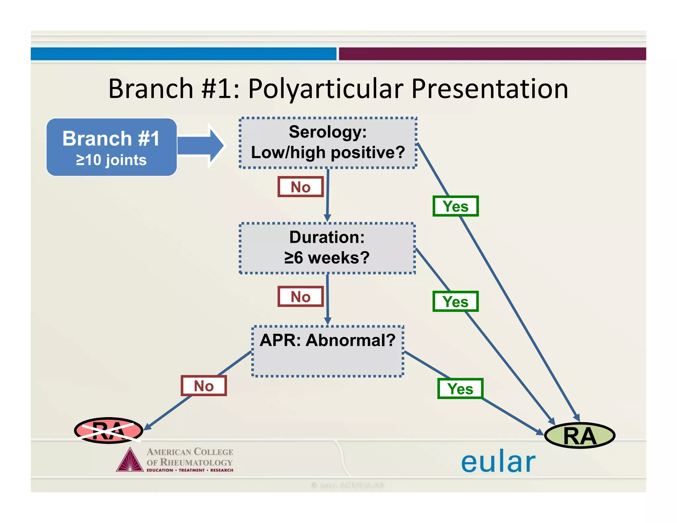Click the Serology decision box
[328, 143]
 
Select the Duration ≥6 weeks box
[327, 248]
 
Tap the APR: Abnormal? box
[328, 351]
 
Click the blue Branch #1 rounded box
[111, 147]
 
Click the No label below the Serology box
[300, 187]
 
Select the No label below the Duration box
[300, 297]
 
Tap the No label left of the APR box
[204, 386]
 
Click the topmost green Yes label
[456, 206]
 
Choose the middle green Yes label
[456, 302]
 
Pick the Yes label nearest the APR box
[460, 389]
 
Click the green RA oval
[579, 436]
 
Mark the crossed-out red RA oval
[108, 430]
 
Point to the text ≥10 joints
[111, 160]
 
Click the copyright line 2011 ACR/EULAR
[347, 485]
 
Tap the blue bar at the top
[183, 54]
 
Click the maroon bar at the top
[492, 54]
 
